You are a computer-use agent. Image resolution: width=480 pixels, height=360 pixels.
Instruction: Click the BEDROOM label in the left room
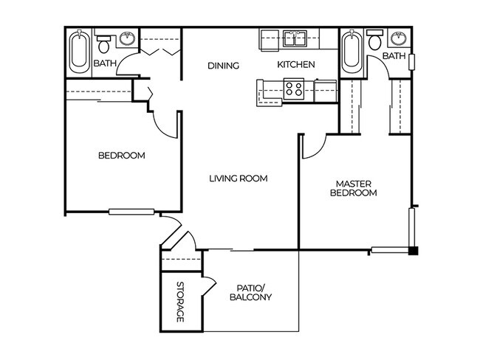(x=122, y=156)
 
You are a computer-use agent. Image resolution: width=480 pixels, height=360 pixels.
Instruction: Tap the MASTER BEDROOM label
(x=356, y=188)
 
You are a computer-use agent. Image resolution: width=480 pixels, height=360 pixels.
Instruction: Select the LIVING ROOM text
(x=237, y=178)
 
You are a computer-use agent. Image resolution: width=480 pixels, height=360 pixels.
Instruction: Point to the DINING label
(x=223, y=66)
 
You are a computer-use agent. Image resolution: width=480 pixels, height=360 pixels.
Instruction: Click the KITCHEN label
(x=296, y=65)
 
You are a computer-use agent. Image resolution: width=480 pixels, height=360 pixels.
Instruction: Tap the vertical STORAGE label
(x=179, y=302)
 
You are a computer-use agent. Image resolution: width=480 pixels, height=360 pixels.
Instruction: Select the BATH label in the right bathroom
(x=394, y=56)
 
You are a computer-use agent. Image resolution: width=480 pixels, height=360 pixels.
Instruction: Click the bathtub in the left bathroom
(x=78, y=51)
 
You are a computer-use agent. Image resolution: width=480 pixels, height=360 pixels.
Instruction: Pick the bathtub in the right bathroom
(x=352, y=51)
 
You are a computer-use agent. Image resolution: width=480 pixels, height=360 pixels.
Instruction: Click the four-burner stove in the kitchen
(x=294, y=89)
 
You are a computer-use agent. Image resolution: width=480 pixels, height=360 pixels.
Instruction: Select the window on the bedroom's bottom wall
(x=131, y=212)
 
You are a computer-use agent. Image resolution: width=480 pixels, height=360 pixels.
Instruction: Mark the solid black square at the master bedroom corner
(x=414, y=249)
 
